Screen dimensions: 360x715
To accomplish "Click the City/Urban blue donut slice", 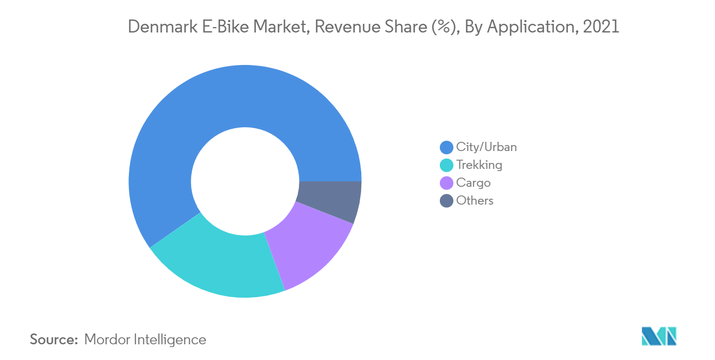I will [x=227, y=108].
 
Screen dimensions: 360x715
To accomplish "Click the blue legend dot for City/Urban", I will [x=446, y=147].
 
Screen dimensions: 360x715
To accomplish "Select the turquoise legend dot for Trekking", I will [x=446, y=165].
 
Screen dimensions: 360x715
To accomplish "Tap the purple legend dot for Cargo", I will [x=446, y=183].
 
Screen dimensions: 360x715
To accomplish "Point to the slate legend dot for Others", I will [x=446, y=201].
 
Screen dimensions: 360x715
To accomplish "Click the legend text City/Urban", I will [x=486, y=147].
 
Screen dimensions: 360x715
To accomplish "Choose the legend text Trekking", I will [x=479, y=165].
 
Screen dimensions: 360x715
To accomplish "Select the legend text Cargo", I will [x=473, y=182].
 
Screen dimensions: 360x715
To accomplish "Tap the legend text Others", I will [x=474, y=200].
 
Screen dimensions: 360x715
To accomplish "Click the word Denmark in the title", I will [x=157, y=27].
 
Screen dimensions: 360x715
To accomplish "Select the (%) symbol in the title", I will [x=444, y=27].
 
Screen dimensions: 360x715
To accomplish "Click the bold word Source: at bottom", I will [x=54, y=339].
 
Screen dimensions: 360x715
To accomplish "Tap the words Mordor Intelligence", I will [x=145, y=339].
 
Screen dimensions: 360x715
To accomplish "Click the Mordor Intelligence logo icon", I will [x=659, y=336].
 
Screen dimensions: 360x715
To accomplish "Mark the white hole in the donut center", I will [x=245, y=181].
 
